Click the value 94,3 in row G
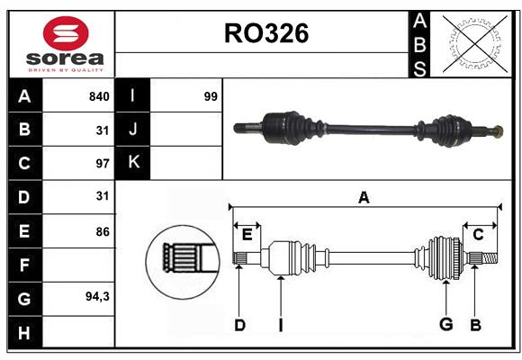(97, 297)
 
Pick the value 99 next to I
(211, 96)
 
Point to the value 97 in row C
(101, 164)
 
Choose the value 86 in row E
(102, 231)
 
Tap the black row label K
(133, 163)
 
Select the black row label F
(24, 265)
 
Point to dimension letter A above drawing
(364, 198)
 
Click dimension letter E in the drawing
(247, 235)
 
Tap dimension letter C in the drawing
(478, 235)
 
